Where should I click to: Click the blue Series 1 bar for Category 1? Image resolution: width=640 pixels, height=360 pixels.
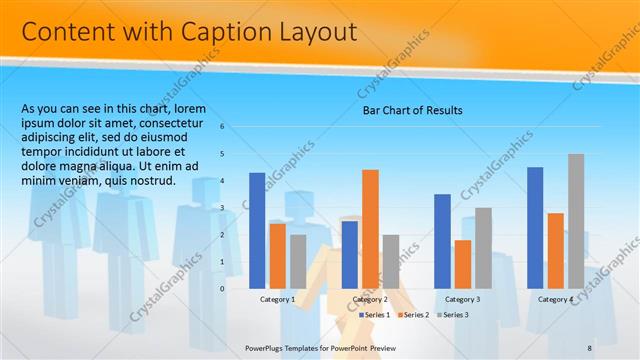(x=257, y=230)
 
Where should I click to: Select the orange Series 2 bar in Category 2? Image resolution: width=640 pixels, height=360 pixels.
(x=370, y=228)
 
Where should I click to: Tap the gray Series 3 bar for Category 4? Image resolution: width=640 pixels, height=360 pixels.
(x=576, y=220)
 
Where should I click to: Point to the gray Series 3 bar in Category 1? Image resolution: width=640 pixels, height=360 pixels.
(x=298, y=261)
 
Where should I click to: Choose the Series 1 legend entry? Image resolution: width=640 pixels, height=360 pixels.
(x=376, y=315)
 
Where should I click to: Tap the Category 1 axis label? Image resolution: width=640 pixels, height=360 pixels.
(x=277, y=299)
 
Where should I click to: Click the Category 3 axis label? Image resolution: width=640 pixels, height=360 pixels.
(x=463, y=299)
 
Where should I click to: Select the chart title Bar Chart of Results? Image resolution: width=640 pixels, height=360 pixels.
(x=412, y=110)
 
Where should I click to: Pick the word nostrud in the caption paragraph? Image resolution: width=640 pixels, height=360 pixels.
(x=151, y=181)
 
